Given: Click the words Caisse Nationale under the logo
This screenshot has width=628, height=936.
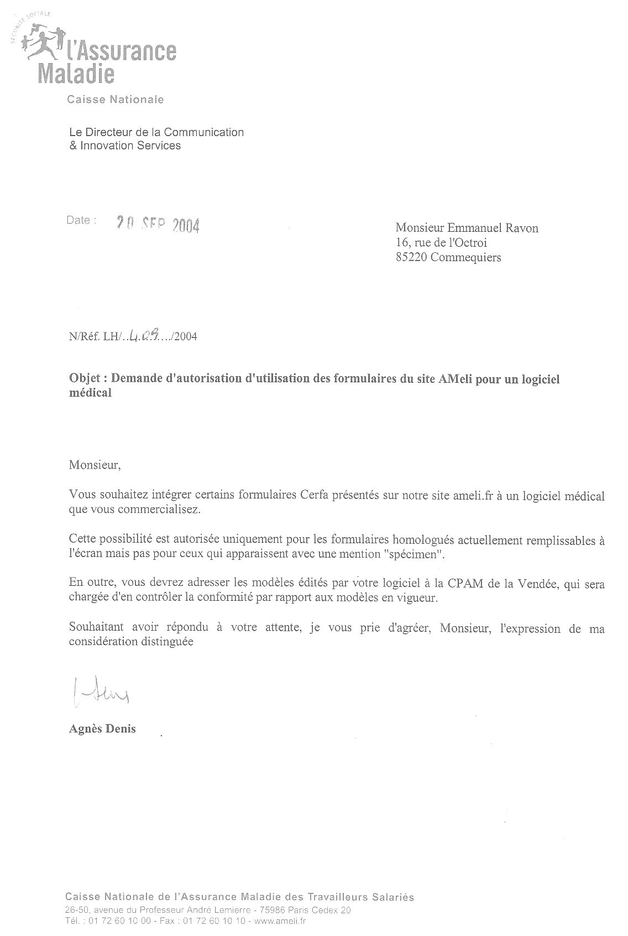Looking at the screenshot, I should point(115,100).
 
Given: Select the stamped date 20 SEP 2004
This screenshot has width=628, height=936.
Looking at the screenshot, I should point(157,225).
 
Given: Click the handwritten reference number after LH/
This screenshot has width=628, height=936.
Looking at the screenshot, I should point(145,335).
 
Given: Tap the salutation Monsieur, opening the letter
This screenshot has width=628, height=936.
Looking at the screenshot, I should point(94,465).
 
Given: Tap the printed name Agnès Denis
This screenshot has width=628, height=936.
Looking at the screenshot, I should point(102,729).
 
